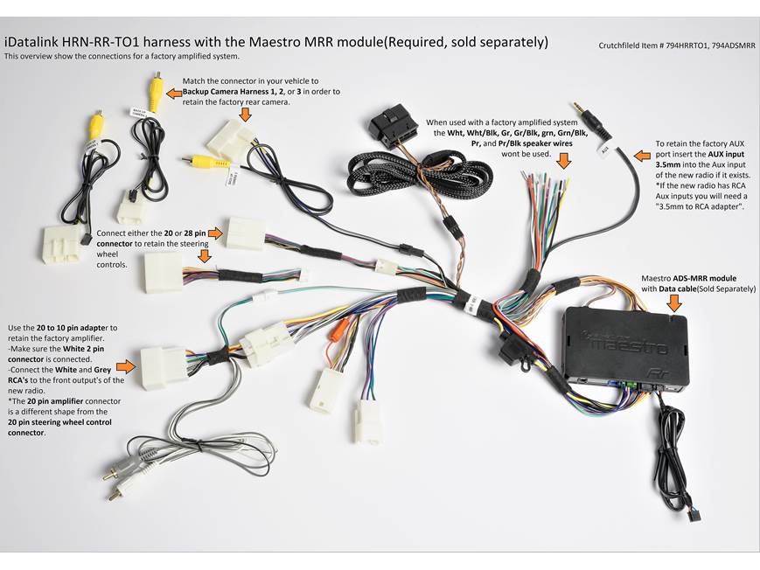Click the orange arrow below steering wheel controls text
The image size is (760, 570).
[205, 256]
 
